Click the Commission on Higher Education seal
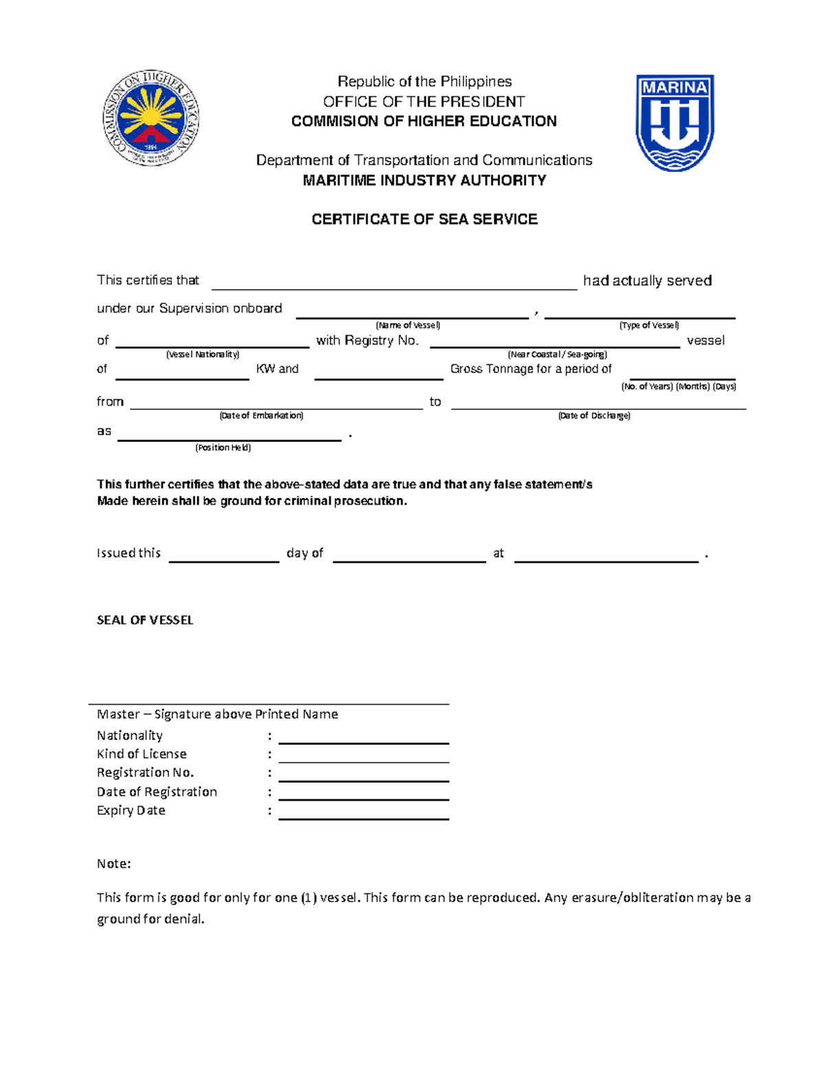click(151, 118)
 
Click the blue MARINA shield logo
click(674, 122)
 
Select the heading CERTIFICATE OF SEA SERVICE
click(424, 219)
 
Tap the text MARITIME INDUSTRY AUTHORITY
click(424, 180)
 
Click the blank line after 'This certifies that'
click(394, 283)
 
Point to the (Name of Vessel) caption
click(408, 325)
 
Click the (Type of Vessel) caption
click(648, 325)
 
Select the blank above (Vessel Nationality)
click(212, 342)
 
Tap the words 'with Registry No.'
click(367, 340)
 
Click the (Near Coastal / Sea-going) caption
click(557, 355)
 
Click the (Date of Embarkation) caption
click(261, 415)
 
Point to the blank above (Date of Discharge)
click(598, 404)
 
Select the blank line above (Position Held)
click(229, 435)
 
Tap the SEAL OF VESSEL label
click(145, 620)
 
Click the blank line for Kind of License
click(363, 757)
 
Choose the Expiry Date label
click(131, 811)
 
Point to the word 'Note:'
click(114, 864)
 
